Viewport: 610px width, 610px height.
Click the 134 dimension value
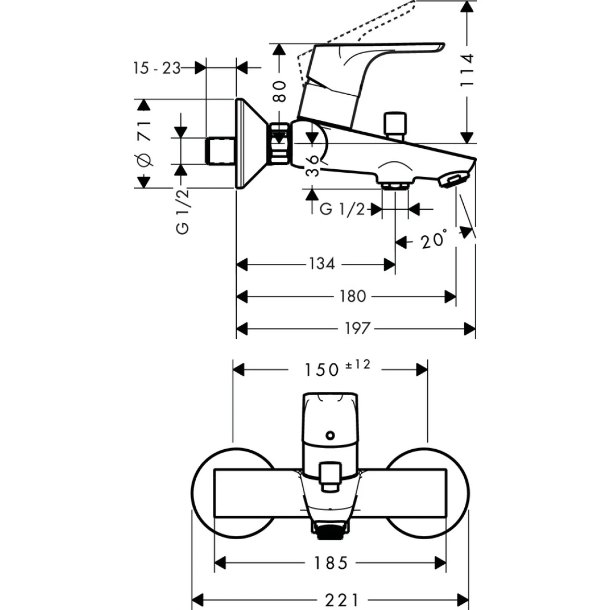coord(321,264)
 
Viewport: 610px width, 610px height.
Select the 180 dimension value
coord(353,297)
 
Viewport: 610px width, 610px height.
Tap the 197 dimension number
coord(357,329)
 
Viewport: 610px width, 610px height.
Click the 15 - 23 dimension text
coord(157,68)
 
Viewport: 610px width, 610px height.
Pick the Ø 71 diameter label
coord(144,143)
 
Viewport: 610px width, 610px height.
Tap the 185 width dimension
coord(330,563)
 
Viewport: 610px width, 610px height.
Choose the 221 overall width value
coord(341,600)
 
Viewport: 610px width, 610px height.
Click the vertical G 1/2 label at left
coord(182,211)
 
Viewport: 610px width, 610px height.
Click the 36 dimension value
coord(313,166)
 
